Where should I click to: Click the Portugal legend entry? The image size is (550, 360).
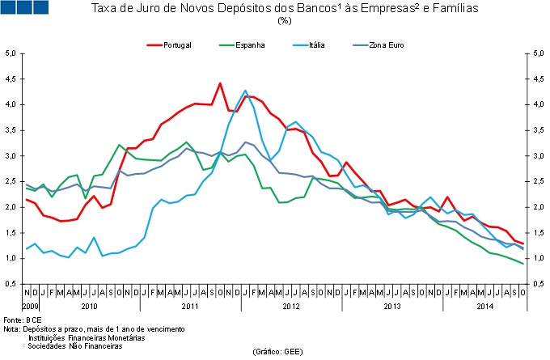(176, 44)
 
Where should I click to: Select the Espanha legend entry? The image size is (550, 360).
(252, 44)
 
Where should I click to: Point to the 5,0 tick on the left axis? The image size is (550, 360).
(11, 53)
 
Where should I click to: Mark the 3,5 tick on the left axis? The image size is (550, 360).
(11, 130)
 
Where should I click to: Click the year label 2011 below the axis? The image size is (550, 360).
(190, 307)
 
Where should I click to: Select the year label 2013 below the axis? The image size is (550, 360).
(392, 307)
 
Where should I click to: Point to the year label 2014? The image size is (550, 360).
(484, 307)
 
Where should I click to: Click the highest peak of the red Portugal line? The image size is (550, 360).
(220, 83)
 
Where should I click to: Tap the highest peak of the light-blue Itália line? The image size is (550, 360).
(245, 91)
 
